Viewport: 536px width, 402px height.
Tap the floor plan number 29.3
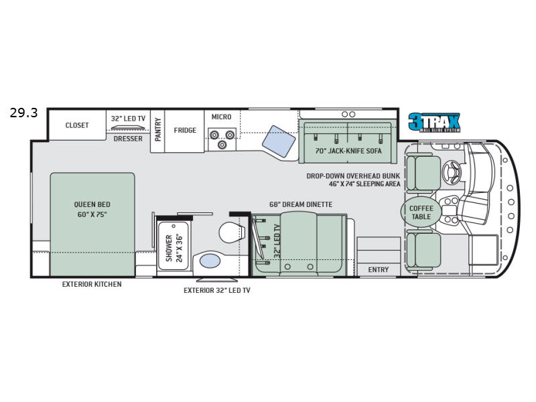click(23, 113)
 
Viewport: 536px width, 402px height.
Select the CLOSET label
click(77, 125)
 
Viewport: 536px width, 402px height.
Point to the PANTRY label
click(158, 129)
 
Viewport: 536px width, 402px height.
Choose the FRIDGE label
click(185, 130)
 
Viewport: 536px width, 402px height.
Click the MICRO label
click(221, 117)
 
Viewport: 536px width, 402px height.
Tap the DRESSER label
click(127, 138)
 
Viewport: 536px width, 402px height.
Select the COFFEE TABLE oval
click(421, 212)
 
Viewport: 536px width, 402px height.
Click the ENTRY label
click(379, 269)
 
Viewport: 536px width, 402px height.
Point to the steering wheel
click(454, 170)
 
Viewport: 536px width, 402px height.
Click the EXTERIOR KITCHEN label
click(92, 284)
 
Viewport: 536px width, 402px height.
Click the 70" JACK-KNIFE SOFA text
click(347, 151)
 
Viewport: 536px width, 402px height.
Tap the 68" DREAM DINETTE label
click(301, 204)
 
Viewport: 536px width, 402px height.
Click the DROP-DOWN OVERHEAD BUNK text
click(352, 176)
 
